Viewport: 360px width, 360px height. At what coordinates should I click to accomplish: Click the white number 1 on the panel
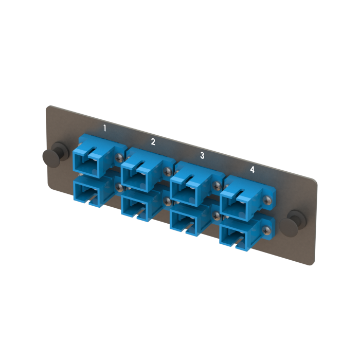pyautogui.click(x=105, y=128)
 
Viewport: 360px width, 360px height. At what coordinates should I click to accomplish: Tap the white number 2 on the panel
pyautogui.click(x=153, y=141)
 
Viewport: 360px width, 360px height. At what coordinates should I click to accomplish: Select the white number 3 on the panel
pyautogui.click(x=202, y=155)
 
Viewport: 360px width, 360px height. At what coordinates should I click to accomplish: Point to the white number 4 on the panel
pyautogui.click(x=252, y=170)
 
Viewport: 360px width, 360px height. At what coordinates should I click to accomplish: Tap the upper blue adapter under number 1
pyautogui.click(x=99, y=156)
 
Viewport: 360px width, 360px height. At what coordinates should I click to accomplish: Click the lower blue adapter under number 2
pyautogui.click(x=146, y=206)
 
